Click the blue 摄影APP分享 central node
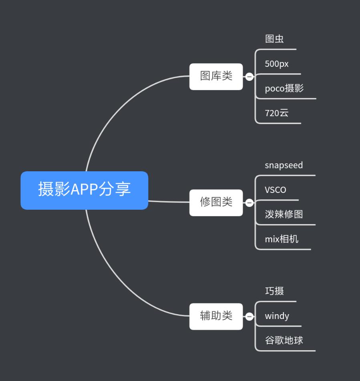tap(84, 190)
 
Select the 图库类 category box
tap(216, 76)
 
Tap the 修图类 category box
tap(216, 203)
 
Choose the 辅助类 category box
tap(216, 316)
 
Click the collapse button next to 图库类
tap(249, 76)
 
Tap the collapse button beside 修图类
tap(249, 203)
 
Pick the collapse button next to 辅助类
tap(249, 317)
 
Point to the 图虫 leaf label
tap(274, 39)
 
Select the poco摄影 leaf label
tap(284, 88)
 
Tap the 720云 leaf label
tap(276, 113)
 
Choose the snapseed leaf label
tap(284, 165)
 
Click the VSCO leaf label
tap(276, 190)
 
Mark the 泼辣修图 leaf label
tap(284, 215)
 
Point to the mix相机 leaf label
tap(282, 239)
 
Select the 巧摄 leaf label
tap(274, 291)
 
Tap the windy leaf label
tap(277, 316)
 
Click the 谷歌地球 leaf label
tap(284, 341)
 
